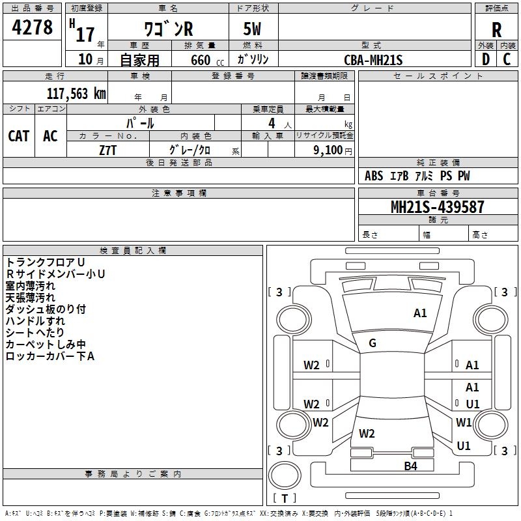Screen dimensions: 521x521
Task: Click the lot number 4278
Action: [33, 28]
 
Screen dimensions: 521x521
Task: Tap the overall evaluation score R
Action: [496, 30]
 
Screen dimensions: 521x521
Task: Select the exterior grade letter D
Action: [485, 59]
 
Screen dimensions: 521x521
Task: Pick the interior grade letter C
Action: [507, 59]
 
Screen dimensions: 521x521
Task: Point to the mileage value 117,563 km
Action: [76, 94]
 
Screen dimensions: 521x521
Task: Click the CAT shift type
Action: [19, 136]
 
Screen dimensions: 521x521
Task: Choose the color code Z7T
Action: [108, 150]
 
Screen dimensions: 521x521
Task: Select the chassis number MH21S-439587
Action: [438, 207]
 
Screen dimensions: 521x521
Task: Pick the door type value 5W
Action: [253, 31]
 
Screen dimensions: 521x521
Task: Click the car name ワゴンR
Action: [169, 30]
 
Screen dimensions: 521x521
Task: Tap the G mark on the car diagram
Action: [373, 343]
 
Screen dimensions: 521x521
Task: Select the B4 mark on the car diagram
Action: [410, 466]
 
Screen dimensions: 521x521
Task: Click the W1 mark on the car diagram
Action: [464, 422]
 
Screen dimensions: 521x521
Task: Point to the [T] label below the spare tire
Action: [285, 498]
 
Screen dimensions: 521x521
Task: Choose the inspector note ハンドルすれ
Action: [35, 321]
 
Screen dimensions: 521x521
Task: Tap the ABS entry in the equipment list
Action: [374, 176]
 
